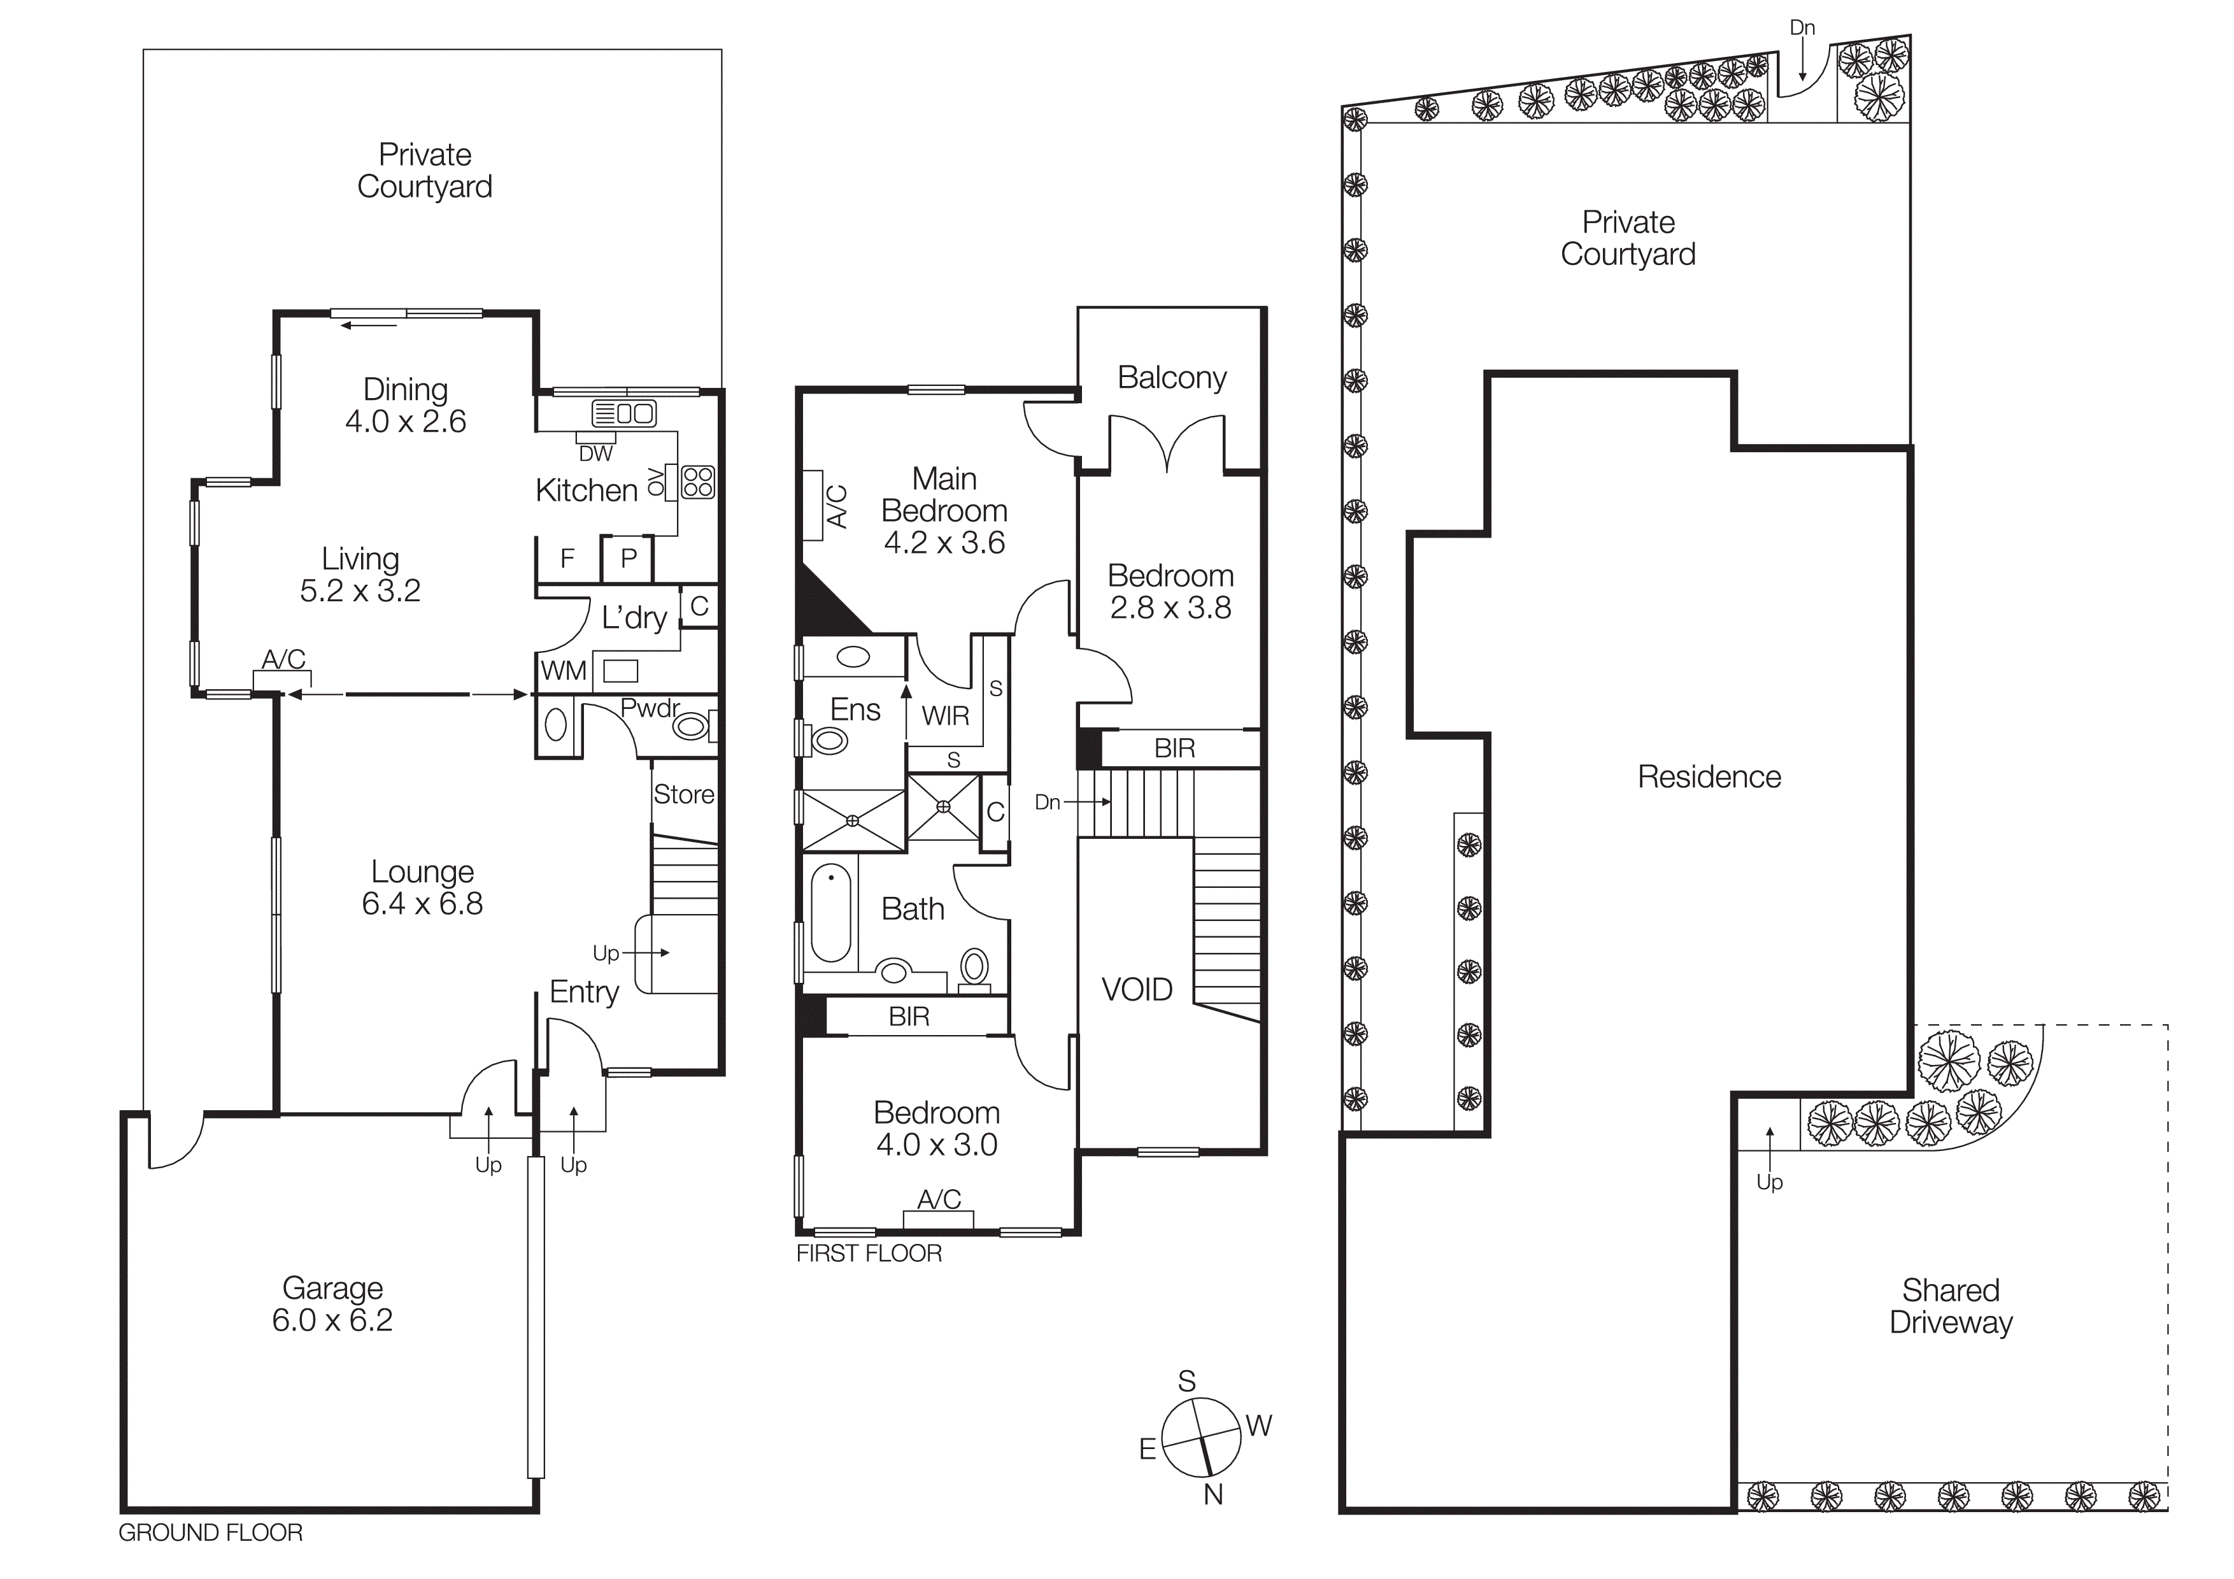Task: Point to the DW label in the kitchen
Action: (x=595, y=454)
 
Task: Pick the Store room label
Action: (x=683, y=795)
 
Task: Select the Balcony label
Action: (x=1172, y=378)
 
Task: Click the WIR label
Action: (x=945, y=716)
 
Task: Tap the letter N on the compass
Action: (x=1213, y=1494)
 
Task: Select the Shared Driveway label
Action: (x=1950, y=1306)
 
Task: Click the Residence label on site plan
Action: (x=1709, y=776)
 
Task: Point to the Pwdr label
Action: (x=650, y=708)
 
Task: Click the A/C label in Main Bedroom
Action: (x=837, y=506)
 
